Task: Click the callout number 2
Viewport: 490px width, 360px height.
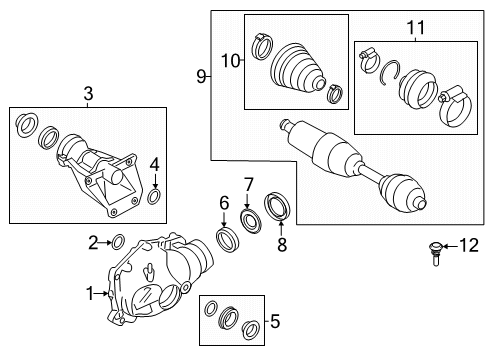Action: click(93, 241)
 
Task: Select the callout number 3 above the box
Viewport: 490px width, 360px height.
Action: click(88, 95)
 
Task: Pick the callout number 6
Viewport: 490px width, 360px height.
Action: click(225, 203)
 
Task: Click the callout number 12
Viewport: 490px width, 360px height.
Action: click(468, 245)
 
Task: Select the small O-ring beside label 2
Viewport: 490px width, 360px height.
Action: click(117, 241)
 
